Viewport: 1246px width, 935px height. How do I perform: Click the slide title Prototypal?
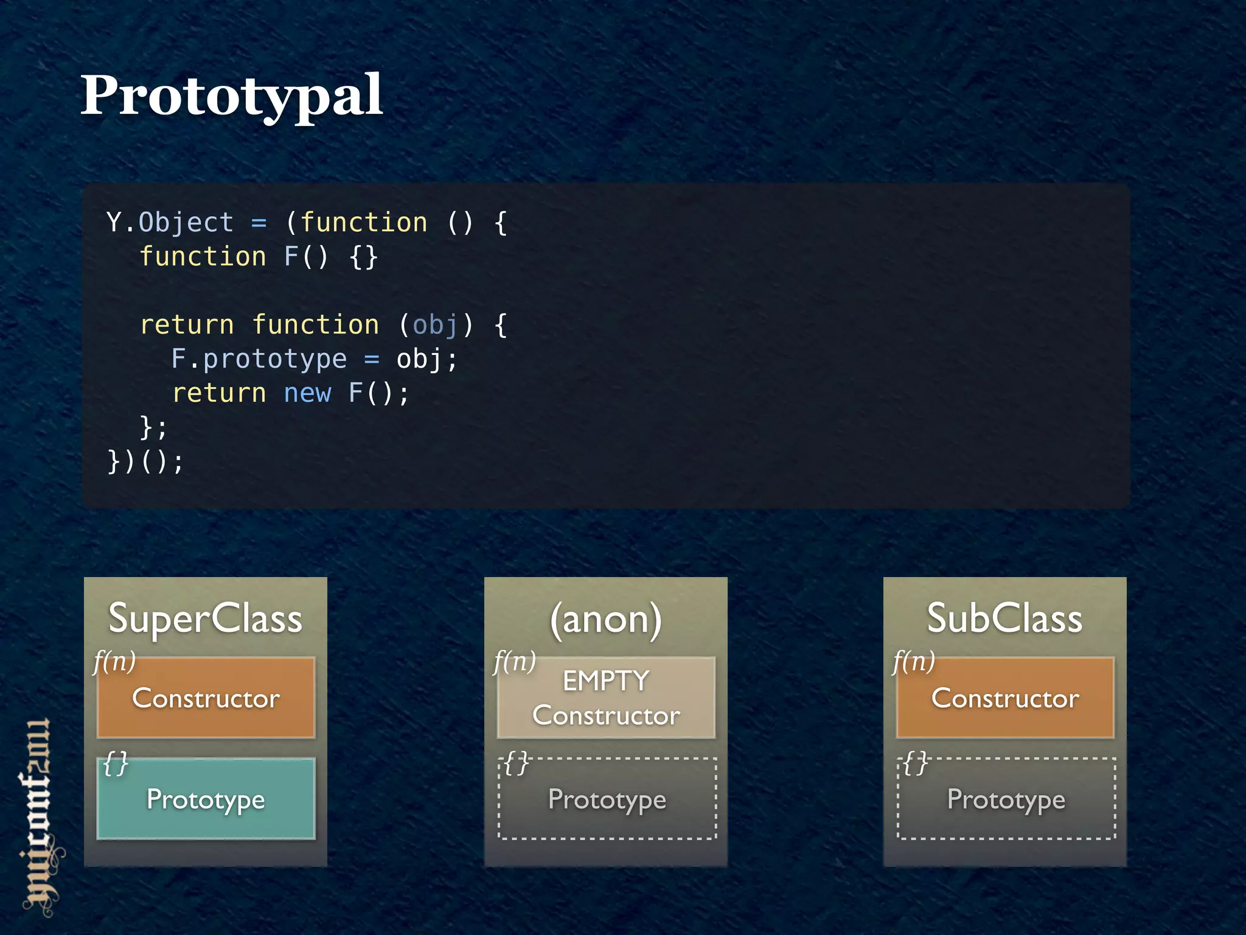231,96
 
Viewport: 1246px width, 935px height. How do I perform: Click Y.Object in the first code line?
170,222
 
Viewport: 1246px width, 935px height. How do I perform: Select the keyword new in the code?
307,393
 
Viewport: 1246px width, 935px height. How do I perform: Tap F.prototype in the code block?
259,359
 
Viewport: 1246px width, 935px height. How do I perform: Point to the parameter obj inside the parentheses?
434,324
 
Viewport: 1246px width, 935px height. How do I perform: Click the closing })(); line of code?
145,461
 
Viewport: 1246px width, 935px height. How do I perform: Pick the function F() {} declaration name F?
291,256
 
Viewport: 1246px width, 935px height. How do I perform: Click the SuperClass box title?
205,618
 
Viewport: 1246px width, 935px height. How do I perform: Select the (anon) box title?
605,619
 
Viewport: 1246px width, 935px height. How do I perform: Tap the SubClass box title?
1004,618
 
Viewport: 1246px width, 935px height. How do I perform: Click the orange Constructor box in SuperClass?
206,698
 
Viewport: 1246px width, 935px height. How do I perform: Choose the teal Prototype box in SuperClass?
206,799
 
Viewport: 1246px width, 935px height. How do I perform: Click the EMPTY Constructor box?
606,698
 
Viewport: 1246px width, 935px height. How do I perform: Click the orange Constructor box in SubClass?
1005,698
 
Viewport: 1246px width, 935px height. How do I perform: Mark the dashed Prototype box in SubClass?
1006,799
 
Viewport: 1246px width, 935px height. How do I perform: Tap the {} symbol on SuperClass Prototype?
116,763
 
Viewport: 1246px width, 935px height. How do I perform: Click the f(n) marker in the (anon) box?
515,661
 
